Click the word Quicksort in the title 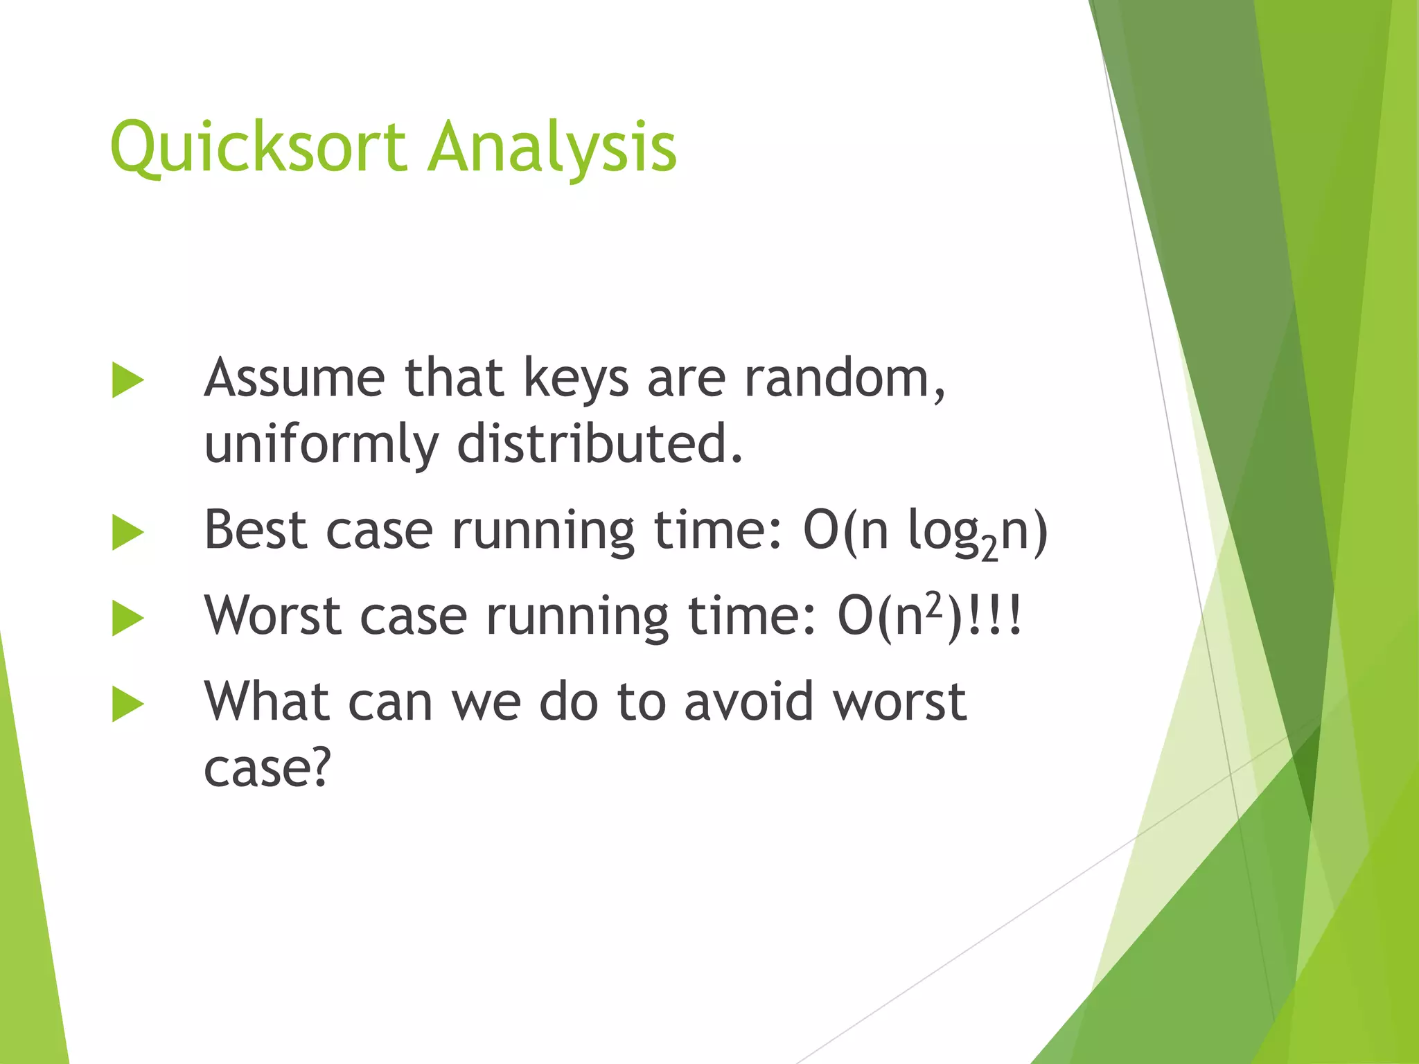tap(258, 148)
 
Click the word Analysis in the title tap(552, 148)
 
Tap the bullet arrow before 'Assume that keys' tap(127, 380)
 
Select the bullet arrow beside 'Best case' tap(127, 533)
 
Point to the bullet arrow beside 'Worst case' tap(127, 619)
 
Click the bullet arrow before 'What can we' tap(127, 704)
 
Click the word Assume tap(294, 378)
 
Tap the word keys tap(576, 380)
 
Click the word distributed tap(599, 443)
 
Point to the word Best tap(255, 531)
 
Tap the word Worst tap(273, 616)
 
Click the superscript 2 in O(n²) tap(935, 604)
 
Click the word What tap(266, 702)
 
